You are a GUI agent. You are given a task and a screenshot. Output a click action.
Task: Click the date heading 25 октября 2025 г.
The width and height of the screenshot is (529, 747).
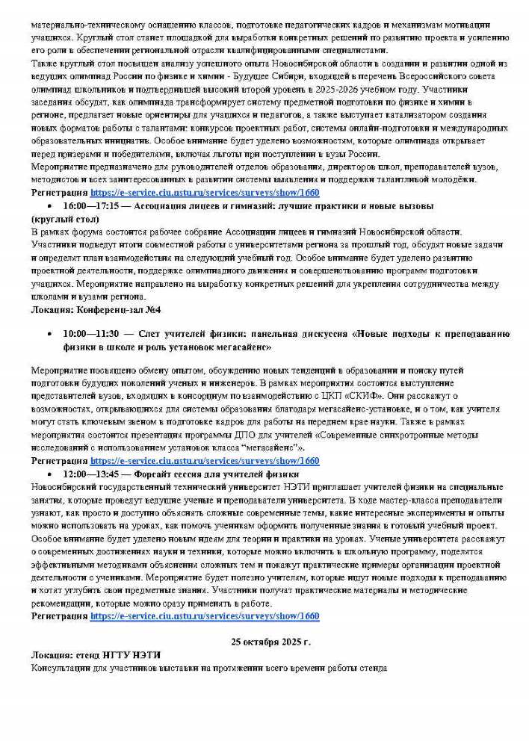pos(270,642)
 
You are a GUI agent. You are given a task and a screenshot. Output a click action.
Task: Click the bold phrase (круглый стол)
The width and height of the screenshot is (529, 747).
pos(66,219)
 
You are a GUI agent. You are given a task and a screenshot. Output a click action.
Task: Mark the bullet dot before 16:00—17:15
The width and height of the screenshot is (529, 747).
pos(49,205)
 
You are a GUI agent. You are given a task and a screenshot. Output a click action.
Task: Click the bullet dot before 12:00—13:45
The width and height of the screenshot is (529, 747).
pos(49,474)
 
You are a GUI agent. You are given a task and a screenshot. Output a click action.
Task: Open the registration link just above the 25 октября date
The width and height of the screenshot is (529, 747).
pos(204,616)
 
